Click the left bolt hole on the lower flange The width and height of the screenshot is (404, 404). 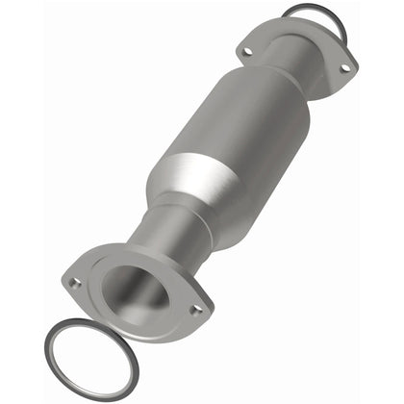point(75,283)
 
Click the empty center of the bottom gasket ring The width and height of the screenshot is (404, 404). point(87,361)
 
